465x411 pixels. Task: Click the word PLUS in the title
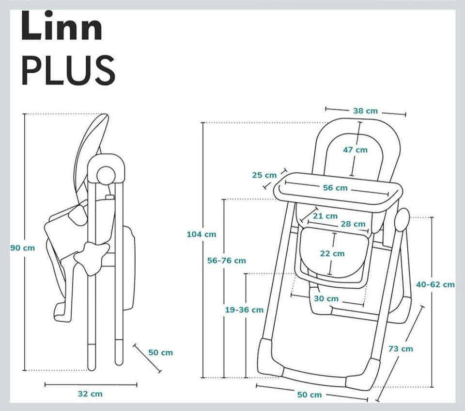point(68,70)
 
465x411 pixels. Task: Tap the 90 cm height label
point(23,248)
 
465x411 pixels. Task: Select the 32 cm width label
point(90,394)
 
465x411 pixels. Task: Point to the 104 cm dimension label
point(201,234)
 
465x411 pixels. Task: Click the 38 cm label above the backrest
point(365,111)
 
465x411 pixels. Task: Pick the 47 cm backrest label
point(355,150)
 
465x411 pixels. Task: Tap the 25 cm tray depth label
point(264,175)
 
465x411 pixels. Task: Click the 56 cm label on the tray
point(335,188)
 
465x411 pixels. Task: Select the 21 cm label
point(325,216)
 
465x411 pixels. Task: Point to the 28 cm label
point(353,224)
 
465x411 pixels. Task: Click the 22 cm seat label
point(332,253)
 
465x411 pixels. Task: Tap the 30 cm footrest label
point(326,298)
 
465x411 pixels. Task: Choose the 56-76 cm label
point(227,261)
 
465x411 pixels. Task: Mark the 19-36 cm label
point(244,310)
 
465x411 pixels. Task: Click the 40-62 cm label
point(435,284)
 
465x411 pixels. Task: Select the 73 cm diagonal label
point(401,348)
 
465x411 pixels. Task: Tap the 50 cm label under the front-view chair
point(309,395)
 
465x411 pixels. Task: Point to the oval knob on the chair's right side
point(403,221)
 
